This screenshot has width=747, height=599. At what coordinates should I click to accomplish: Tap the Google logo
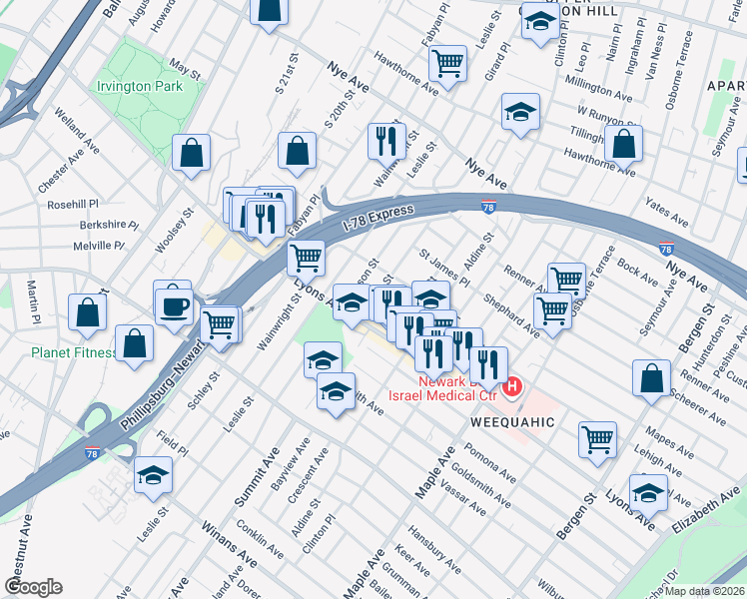pos(33,587)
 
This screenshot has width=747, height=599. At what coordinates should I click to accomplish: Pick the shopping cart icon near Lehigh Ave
pos(597,437)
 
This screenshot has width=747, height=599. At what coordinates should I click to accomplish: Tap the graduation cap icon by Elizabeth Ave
pos(648,493)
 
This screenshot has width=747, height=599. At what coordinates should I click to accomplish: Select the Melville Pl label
pos(98,246)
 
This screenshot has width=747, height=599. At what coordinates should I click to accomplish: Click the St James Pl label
pos(444,269)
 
